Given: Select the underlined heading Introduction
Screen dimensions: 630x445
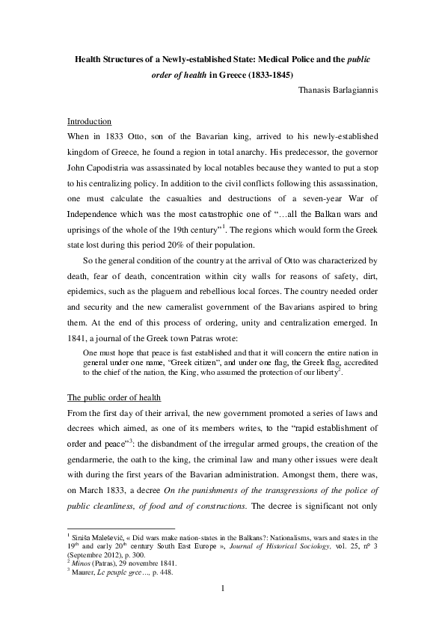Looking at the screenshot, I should click(x=89, y=121).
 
